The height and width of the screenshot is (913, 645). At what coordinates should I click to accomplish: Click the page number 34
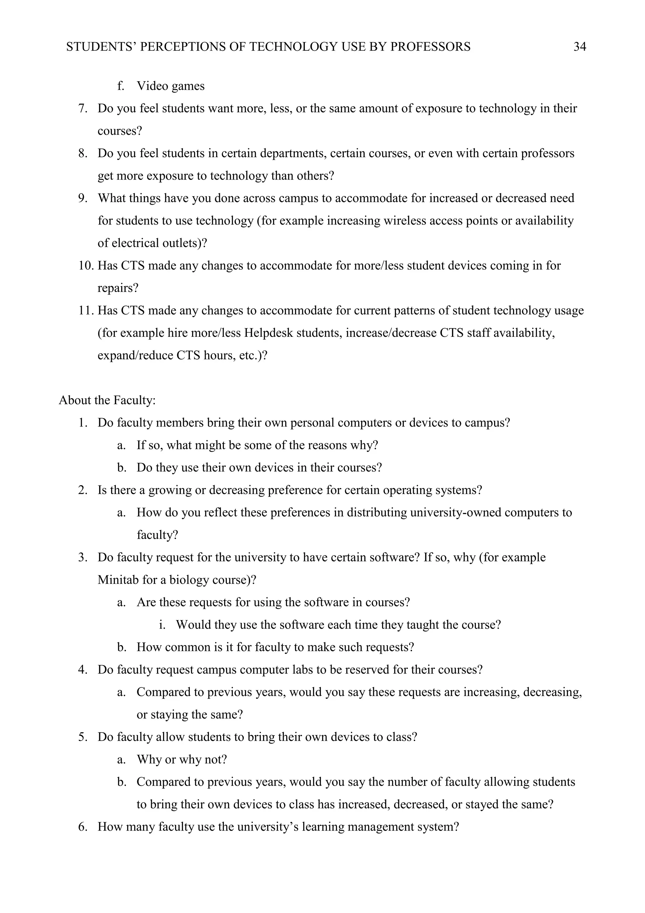(x=579, y=47)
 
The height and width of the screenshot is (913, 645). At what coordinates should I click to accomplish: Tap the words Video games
(x=170, y=86)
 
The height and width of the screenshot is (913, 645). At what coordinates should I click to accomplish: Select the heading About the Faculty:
(x=107, y=400)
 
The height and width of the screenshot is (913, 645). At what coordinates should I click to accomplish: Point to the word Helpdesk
(x=268, y=333)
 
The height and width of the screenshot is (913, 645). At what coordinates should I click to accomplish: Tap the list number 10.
(x=85, y=266)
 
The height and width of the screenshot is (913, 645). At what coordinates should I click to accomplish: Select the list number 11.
(x=85, y=311)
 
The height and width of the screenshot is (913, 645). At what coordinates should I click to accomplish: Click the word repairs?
(x=118, y=288)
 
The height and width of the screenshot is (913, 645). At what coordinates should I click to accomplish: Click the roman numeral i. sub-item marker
(x=163, y=625)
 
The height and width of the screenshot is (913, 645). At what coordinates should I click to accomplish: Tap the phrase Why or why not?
(x=182, y=760)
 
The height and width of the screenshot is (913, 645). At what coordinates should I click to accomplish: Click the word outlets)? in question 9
(x=185, y=243)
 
